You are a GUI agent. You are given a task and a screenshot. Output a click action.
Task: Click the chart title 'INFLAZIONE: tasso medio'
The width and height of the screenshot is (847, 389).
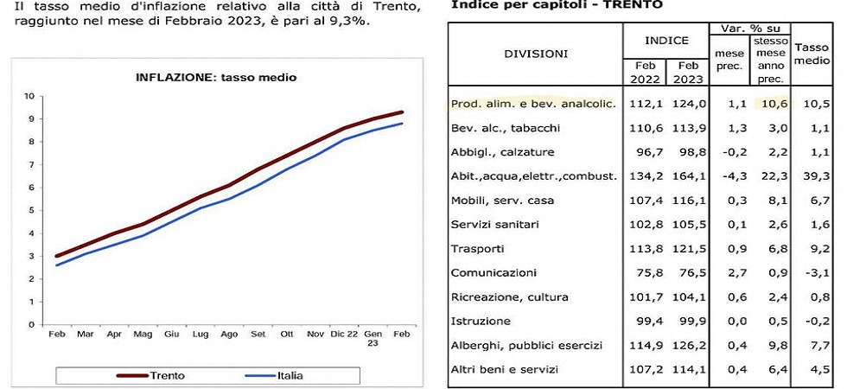pyautogui.click(x=216, y=77)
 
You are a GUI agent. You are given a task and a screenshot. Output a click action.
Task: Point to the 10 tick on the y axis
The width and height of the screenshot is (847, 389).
pyautogui.click(x=29, y=96)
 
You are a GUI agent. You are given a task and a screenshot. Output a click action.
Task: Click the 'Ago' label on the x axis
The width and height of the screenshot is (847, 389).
pyautogui.click(x=229, y=334)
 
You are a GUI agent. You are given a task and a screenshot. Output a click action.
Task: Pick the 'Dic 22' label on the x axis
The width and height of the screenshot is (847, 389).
pyautogui.click(x=345, y=334)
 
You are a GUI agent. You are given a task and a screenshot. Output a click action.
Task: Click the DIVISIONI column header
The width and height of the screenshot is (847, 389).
pyautogui.click(x=536, y=54)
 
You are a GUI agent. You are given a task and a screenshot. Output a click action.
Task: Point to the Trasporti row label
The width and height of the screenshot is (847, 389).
pyautogui.click(x=479, y=249)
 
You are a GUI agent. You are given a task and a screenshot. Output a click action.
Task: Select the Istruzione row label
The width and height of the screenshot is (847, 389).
pyautogui.click(x=480, y=322)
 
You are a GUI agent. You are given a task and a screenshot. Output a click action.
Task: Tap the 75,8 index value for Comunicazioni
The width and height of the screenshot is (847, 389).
pyautogui.click(x=648, y=273)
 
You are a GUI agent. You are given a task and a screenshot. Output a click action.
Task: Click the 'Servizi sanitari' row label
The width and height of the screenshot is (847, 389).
pyautogui.click(x=496, y=225)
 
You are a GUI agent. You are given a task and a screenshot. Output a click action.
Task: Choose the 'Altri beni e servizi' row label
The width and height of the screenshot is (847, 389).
pyautogui.click(x=505, y=370)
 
